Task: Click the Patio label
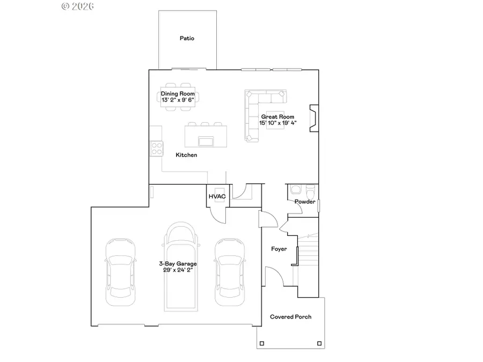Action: [x=187, y=38]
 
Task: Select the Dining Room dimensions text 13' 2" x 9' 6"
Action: [x=178, y=100]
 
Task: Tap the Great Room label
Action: [x=278, y=116]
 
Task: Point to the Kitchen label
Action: [x=187, y=155]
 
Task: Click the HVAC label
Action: [x=217, y=197]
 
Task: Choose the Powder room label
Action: [x=304, y=202]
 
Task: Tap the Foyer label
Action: [x=279, y=249]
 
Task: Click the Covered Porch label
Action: [x=290, y=317]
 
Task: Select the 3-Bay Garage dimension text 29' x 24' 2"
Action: [x=178, y=270]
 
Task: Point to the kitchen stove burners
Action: [x=157, y=147]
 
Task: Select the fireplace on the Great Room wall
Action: [x=313, y=119]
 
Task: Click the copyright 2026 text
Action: [x=78, y=6]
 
